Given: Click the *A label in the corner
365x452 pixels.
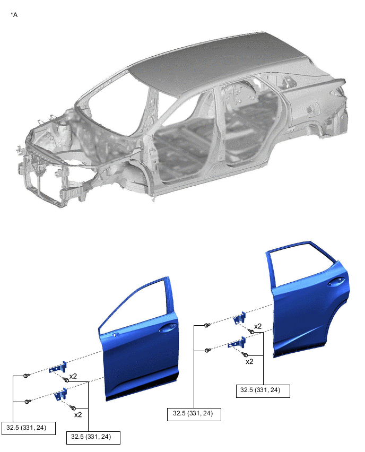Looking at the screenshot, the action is pos(14,14).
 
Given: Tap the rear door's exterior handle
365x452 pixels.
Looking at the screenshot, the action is pos(336,282).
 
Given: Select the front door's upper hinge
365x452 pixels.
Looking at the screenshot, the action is pos(58,368).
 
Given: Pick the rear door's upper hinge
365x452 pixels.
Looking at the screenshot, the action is pos(240,318).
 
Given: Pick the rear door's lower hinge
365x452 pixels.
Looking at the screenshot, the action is pos(237,343).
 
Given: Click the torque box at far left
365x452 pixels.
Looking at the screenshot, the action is pos(29,428).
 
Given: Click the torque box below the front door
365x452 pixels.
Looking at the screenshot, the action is pos(93,437).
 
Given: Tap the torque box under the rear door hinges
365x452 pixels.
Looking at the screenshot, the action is pos(194,414).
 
